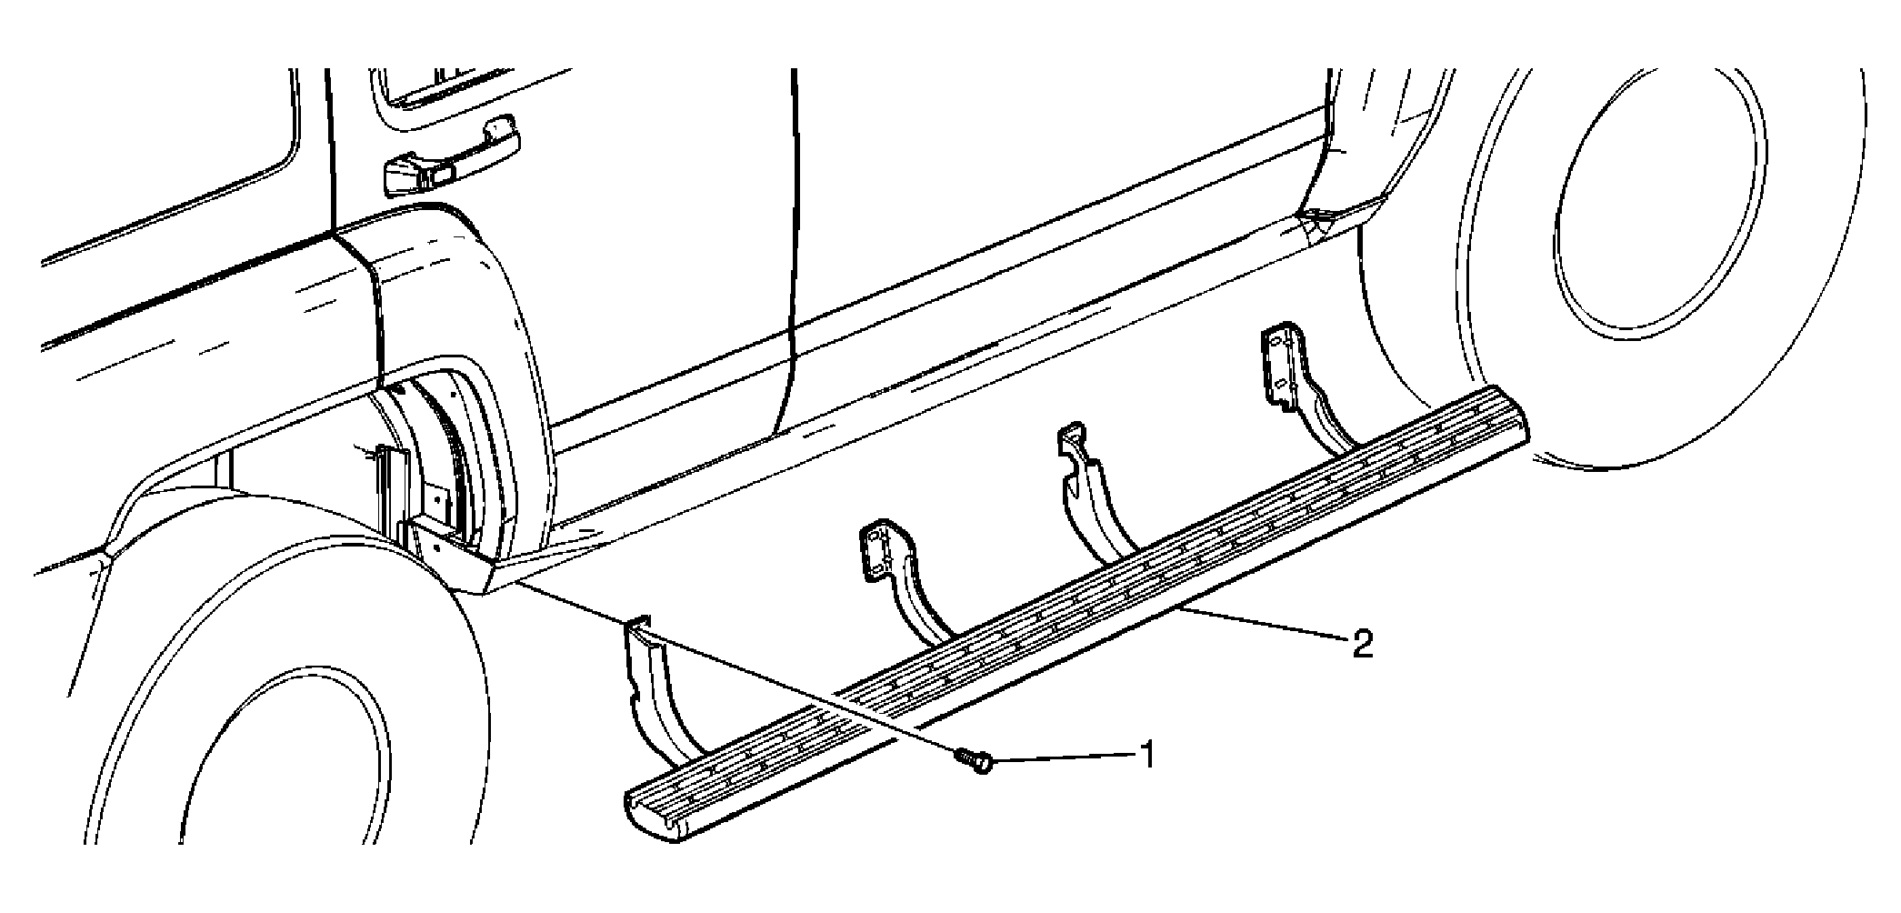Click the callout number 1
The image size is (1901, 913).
pyautogui.click(x=1146, y=754)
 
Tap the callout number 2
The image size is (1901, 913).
pyautogui.click(x=1361, y=645)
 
